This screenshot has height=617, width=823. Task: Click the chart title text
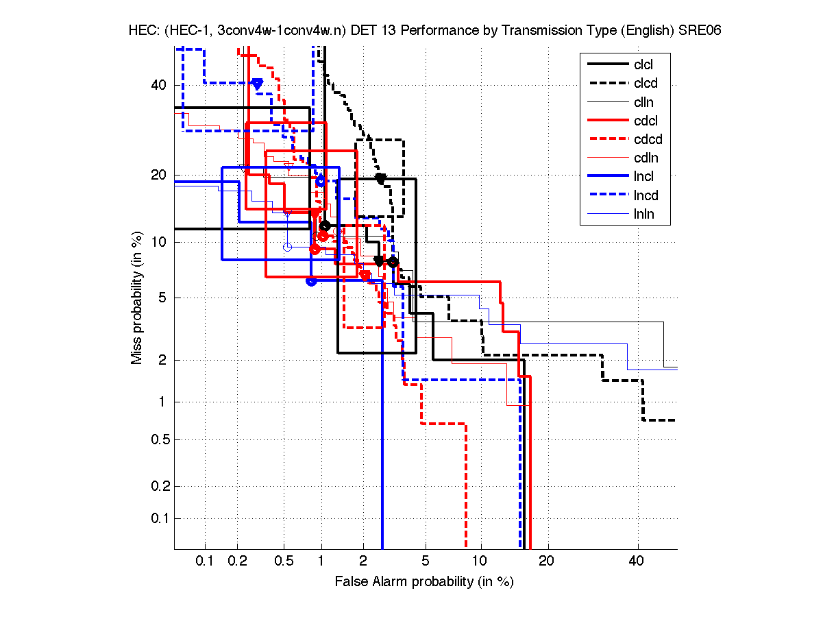(424, 32)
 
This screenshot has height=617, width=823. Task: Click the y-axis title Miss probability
(137, 298)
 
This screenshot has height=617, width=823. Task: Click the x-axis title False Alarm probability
(424, 582)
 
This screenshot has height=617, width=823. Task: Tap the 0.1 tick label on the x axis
(206, 561)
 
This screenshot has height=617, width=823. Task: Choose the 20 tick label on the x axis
(545, 561)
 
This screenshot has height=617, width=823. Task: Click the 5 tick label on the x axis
(426, 561)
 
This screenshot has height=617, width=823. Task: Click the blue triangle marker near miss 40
(257, 84)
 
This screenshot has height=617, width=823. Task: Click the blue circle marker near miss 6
(311, 280)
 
